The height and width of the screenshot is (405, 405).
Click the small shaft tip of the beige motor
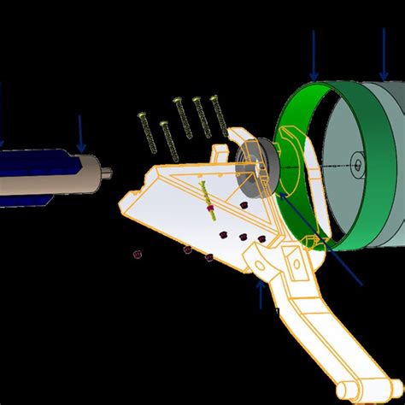tap(109, 177)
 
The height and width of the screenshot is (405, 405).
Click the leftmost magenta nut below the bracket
tap(137, 253)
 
